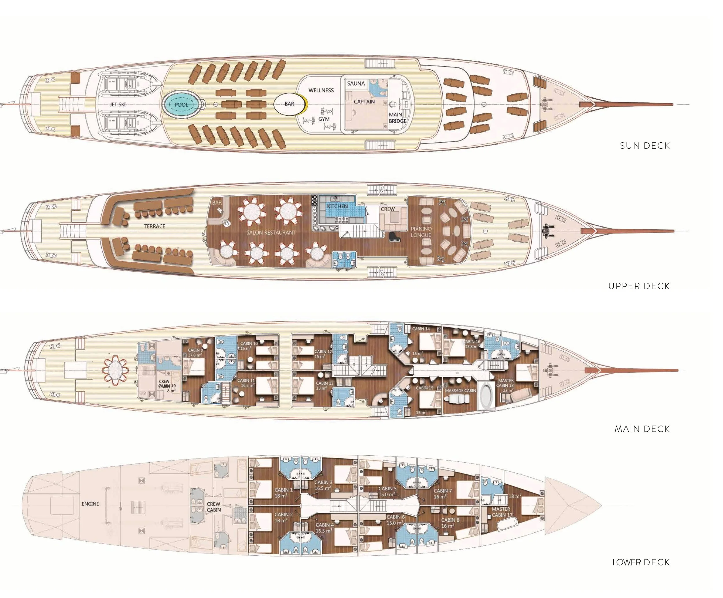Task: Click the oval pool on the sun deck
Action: pyautogui.click(x=181, y=104)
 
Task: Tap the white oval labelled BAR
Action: pyautogui.click(x=289, y=104)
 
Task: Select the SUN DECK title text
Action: pyautogui.click(x=645, y=146)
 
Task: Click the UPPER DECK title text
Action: pyautogui.click(x=639, y=286)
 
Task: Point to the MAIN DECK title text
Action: pyautogui.click(x=642, y=429)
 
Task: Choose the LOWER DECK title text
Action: pyautogui.click(x=641, y=562)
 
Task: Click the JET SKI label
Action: pyautogui.click(x=118, y=104)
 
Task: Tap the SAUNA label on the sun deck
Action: pyautogui.click(x=356, y=84)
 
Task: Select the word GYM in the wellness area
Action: pyautogui.click(x=324, y=119)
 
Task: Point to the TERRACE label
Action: pyautogui.click(x=155, y=226)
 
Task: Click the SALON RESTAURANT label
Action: pyautogui.click(x=271, y=233)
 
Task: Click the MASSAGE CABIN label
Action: pyautogui.click(x=460, y=391)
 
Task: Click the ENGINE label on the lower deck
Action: pyautogui.click(x=90, y=504)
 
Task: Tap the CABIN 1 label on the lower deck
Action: pyautogui.click(x=284, y=490)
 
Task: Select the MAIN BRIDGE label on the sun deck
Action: pyautogui.click(x=397, y=118)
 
